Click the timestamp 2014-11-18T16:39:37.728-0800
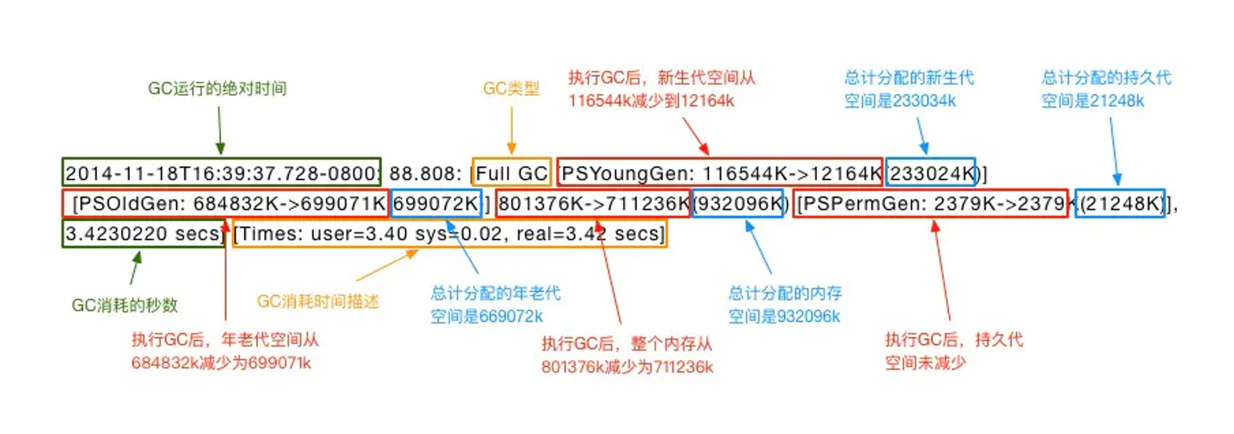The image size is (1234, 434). (x=222, y=173)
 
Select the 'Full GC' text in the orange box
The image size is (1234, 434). (x=511, y=173)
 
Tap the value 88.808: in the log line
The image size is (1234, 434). (x=425, y=173)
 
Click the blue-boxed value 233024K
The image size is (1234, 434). (x=931, y=173)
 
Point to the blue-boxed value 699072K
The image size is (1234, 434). (x=436, y=203)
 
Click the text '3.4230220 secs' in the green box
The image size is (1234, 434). (x=143, y=233)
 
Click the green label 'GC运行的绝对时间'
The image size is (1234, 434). (x=217, y=89)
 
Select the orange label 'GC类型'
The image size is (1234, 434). (x=511, y=89)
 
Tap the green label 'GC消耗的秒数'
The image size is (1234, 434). (x=125, y=305)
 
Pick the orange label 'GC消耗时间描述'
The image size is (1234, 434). (x=318, y=301)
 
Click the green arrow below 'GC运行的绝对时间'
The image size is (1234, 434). (x=220, y=130)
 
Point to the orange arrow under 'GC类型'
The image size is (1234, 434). (x=511, y=130)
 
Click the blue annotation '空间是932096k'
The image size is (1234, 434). (x=784, y=317)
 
